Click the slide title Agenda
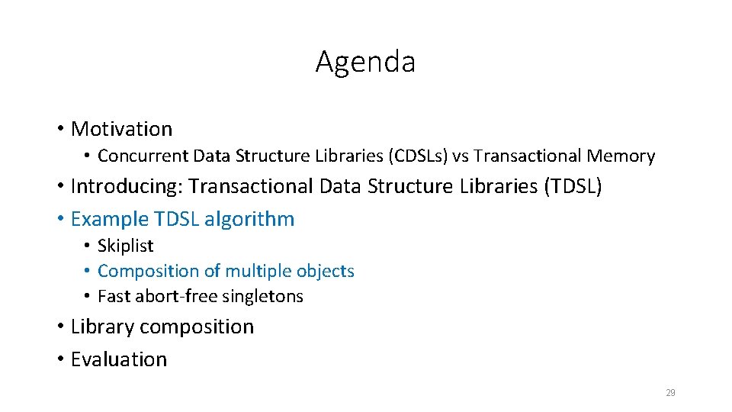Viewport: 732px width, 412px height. tap(365, 62)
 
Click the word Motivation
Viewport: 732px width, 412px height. tap(121, 129)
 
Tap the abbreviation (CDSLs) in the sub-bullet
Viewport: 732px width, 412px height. tap(418, 156)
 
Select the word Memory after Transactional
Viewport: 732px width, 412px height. tap(621, 156)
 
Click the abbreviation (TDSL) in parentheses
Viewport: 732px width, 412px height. tap(573, 186)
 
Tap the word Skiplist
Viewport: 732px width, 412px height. tap(126, 246)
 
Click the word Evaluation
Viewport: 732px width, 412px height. tap(118, 359)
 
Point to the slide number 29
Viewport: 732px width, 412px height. tap(670, 393)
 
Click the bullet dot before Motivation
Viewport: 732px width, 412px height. tap(60, 129)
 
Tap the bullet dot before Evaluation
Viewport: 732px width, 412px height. tap(60, 359)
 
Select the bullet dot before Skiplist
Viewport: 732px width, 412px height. tap(88, 246)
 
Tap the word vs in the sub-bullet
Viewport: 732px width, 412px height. tap(461, 156)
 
